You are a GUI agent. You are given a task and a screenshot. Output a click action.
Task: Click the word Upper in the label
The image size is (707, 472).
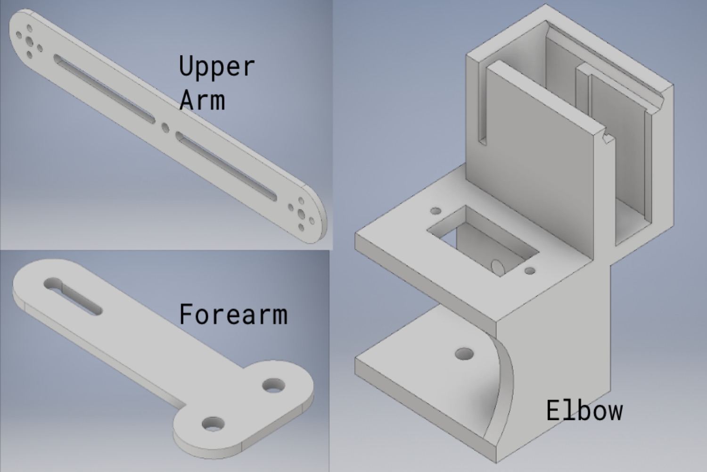(217, 67)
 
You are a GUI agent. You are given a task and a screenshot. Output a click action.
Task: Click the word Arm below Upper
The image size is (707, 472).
(202, 100)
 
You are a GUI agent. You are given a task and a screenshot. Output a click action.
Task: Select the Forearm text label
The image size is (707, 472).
(233, 315)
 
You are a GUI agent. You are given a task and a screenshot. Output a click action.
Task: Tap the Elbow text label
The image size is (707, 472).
(584, 410)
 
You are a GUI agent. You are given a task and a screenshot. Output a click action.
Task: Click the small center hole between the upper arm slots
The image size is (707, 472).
(165, 127)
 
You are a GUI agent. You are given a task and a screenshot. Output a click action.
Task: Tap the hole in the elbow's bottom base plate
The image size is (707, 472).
(465, 353)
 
